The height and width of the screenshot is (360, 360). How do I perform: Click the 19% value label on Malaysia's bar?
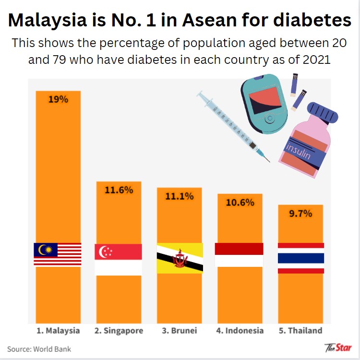coord(58,100)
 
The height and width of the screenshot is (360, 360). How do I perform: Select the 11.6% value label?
coord(119,190)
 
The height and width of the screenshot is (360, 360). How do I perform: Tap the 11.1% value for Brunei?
coord(180,196)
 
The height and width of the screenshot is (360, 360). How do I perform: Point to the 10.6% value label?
coord(240,202)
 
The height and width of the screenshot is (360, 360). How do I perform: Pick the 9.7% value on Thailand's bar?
coord(300,213)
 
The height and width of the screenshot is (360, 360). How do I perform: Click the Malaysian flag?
coord(58,254)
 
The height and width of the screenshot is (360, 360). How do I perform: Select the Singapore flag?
coord(119,260)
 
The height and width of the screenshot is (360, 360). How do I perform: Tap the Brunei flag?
coord(180,258)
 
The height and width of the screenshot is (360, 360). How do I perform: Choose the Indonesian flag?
coord(239,255)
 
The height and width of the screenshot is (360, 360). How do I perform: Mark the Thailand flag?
coord(301,258)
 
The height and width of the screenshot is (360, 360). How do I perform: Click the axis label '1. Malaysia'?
coord(58,331)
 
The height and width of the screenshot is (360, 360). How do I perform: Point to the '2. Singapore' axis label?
coord(119,331)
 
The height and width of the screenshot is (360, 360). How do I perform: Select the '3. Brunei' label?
coord(180,331)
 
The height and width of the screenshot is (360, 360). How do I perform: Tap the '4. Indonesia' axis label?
coord(240,331)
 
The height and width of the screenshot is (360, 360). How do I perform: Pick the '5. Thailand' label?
coord(300,331)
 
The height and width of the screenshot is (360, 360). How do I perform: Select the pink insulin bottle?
coord(306,142)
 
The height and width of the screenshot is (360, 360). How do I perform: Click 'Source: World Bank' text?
coord(39,349)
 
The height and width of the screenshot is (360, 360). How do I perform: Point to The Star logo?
coord(338,347)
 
